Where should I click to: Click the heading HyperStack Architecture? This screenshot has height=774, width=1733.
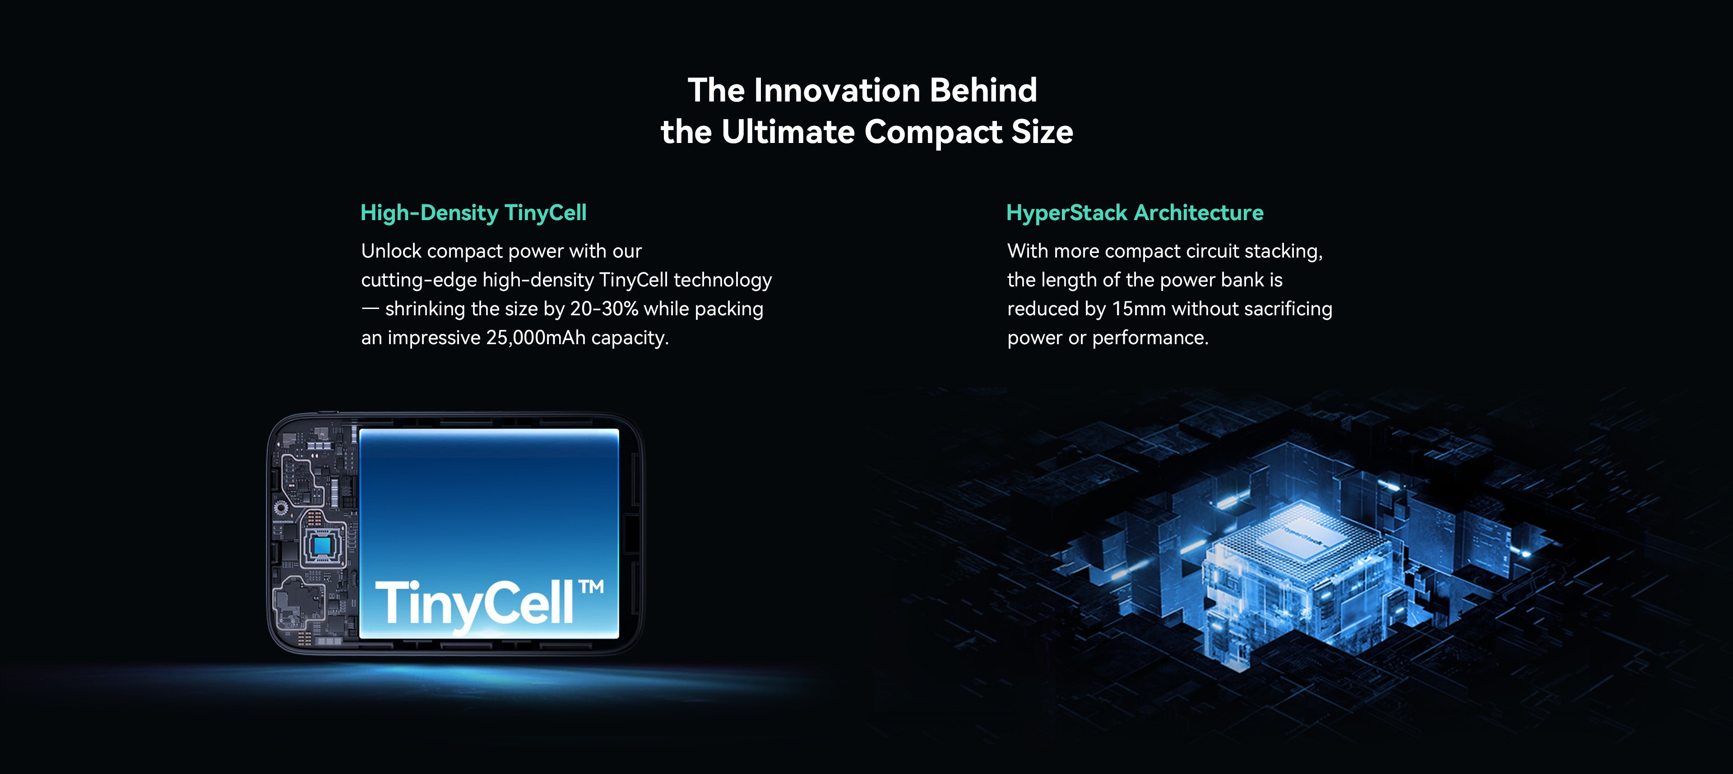(1135, 212)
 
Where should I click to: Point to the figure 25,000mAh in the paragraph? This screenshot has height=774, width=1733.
(536, 337)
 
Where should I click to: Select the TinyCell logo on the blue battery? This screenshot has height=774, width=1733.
(489, 604)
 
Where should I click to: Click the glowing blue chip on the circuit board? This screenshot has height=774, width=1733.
(322, 544)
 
